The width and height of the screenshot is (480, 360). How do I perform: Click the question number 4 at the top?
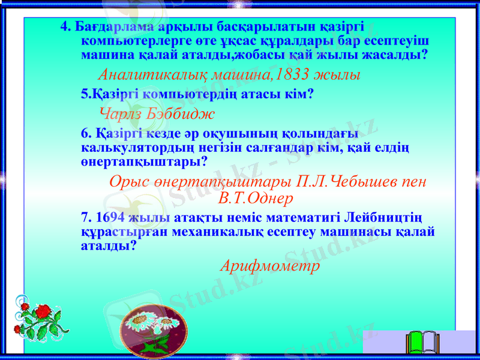(x=65, y=28)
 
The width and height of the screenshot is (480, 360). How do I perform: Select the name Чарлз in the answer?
(x=119, y=112)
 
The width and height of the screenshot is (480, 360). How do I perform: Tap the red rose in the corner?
(x=43, y=312)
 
